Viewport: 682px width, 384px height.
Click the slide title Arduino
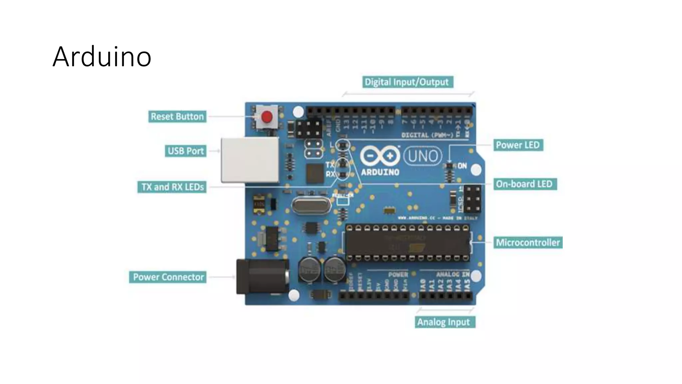[x=102, y=57]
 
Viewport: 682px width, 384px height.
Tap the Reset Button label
[x=177, y=117]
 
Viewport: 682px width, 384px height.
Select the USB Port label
[x=185, y=151]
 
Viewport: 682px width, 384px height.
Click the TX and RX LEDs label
[x=172, y=187]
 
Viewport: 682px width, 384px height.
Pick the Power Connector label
[x=168, y=277]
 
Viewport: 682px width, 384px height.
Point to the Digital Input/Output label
[x=408, y=82]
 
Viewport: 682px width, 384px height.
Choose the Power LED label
[x=518, y=145]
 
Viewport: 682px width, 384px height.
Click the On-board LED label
[x=524, y=184]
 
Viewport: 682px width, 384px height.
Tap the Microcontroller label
[x=528, y=242]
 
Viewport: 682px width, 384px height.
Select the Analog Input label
[x=444, y=322]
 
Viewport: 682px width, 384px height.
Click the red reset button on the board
[x=267, y=117]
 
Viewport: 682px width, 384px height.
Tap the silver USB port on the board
[x=250, y=160]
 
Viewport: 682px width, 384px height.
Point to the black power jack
[x=261, y=276]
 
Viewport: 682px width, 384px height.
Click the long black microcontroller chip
[x=407, y=243]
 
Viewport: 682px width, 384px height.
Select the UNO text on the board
[x=423, y=156]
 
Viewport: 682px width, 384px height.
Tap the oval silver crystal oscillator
[x=311, y=206]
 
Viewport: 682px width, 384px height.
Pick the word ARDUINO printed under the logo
[x=380, y=172]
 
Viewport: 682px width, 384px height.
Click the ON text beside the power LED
[x=462, y=166]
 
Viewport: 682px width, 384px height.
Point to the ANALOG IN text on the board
[x=453, y=274]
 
